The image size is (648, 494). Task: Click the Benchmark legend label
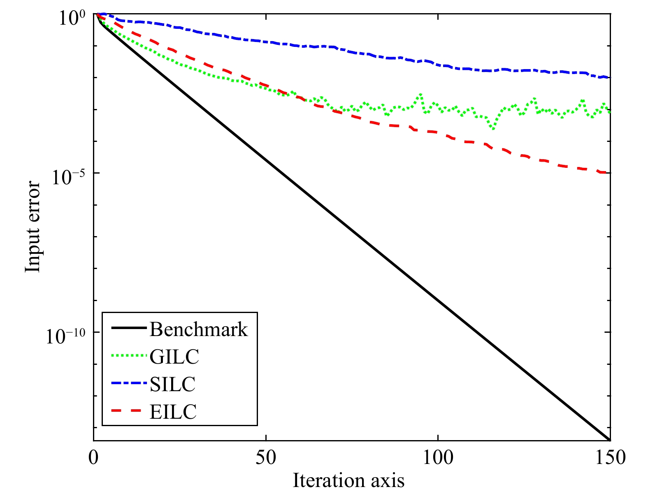[x=199, y=329]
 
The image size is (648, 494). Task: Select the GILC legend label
[x=174, y=357]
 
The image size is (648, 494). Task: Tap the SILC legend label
[x=172, y=384]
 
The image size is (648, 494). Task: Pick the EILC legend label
[x=173, y=411]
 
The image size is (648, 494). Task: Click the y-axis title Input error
[x=33, y=227]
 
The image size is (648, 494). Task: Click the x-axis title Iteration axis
[x=348, y=480]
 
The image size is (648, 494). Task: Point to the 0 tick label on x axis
[x=94, y=458]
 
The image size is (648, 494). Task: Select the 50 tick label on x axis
[x=266, y=458]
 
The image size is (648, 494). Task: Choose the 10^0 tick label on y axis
[x=72, y=18]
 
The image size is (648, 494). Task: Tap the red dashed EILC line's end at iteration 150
[x=609, y=173]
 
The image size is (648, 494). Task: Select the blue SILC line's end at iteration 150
[x=609, y=77]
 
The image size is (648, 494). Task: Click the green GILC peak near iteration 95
[x=420, y=94]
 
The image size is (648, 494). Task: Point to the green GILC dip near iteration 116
[x=493, y=129]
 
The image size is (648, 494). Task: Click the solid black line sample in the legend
[x=129, y=328]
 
